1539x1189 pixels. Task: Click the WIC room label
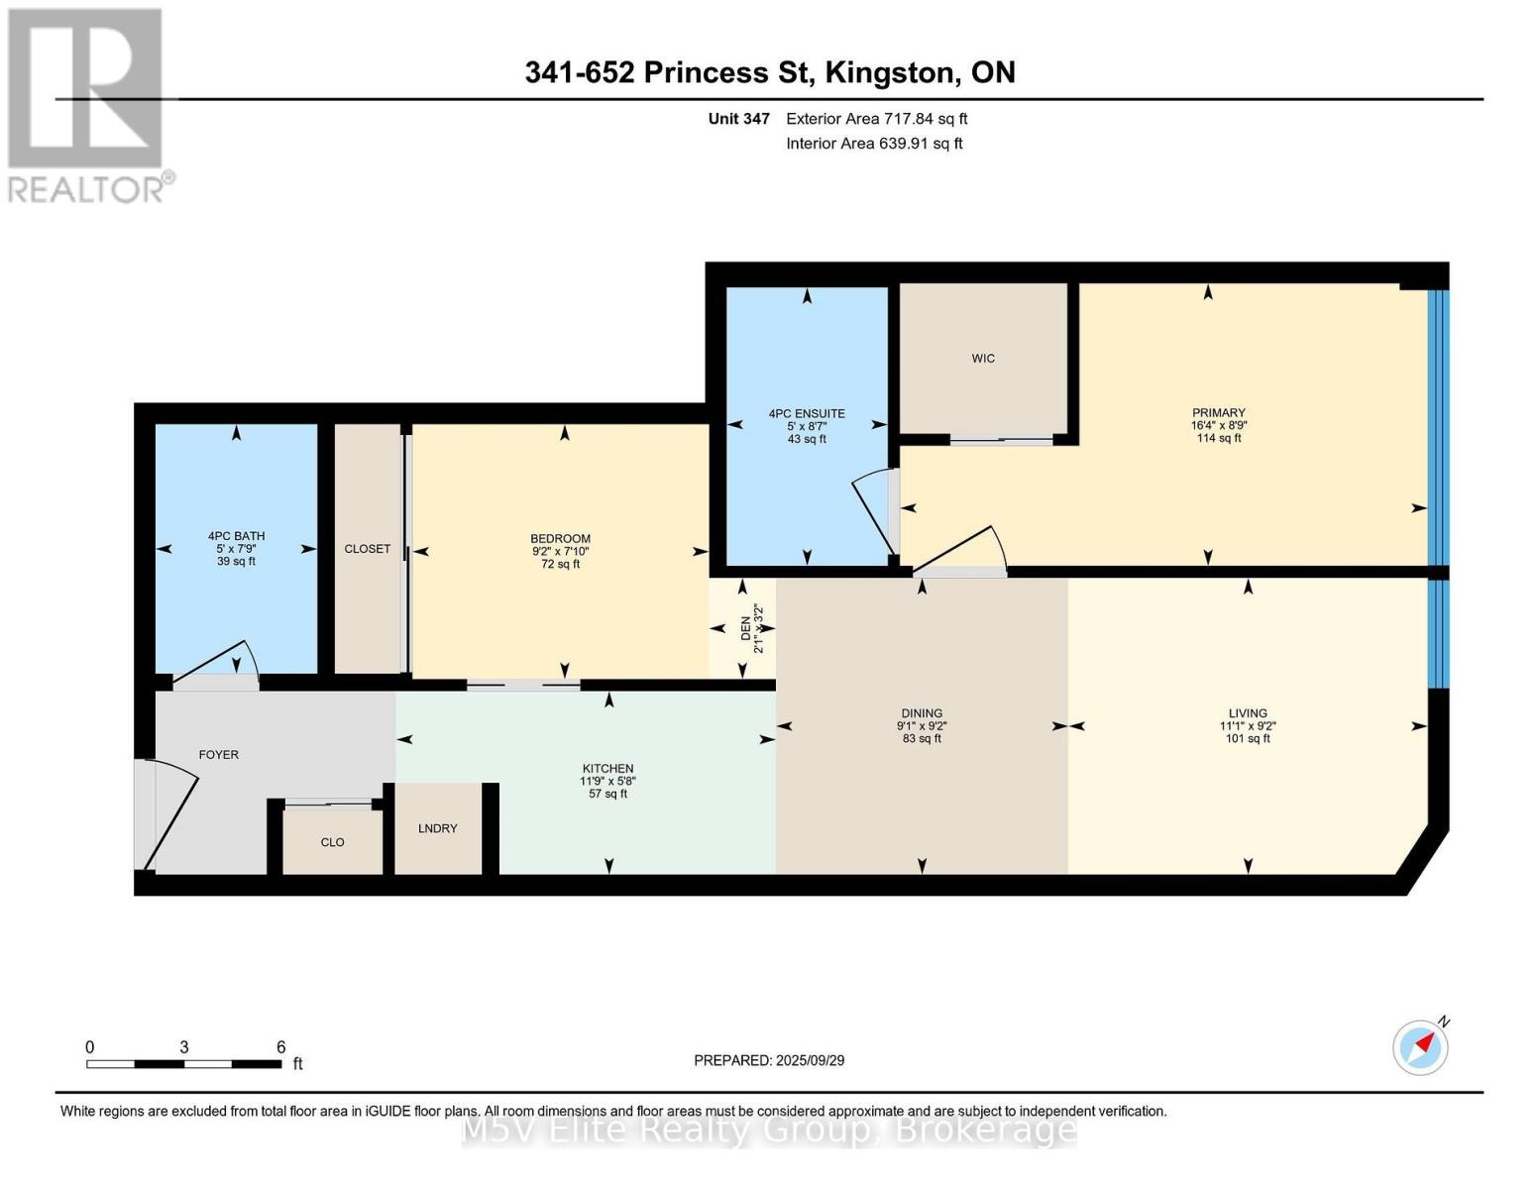pyautogui.click(x=982, y=359)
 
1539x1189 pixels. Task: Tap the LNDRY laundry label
pyautogui.click(x=438, y=827)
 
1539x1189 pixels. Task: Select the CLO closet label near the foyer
pyautogui.click(x=332, y=842)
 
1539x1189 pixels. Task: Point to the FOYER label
pyautogui.click(x=219, y=755)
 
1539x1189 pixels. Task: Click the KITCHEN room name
pyautogui.click(x=607, y=768)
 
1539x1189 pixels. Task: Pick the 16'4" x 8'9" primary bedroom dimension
pyautogui.click(x=1218, y=426)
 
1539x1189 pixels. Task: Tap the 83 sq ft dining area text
pyautogui.click(x=922, y=738)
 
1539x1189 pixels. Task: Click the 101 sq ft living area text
pyautogui.click(x=1248, y=738)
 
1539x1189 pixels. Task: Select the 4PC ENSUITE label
pyautogui.click(x=807, y=413)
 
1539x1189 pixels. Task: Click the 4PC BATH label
pyautogui.click(x=237, y=536)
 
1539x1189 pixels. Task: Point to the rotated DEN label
pyautogui.click(x=745, y=629)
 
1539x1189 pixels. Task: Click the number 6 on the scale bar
pyautogui.click(x=281, y=1046)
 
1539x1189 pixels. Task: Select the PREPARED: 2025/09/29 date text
pyautogui.click(x=769, y=1060)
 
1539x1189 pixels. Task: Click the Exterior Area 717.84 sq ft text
pyautogui.click(x=877, y=119)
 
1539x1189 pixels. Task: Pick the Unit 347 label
pyautogui.click(x=738, y=119)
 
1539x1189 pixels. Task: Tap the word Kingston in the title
pyautogui.click(x=891, y=72)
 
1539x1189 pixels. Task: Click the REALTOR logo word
pyautogui.click(x=86, y=190)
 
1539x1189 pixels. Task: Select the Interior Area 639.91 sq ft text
pyautogui.click(x=875, y=144)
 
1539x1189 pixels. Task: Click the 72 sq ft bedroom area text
pyautogui.click(x=560, y=565)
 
